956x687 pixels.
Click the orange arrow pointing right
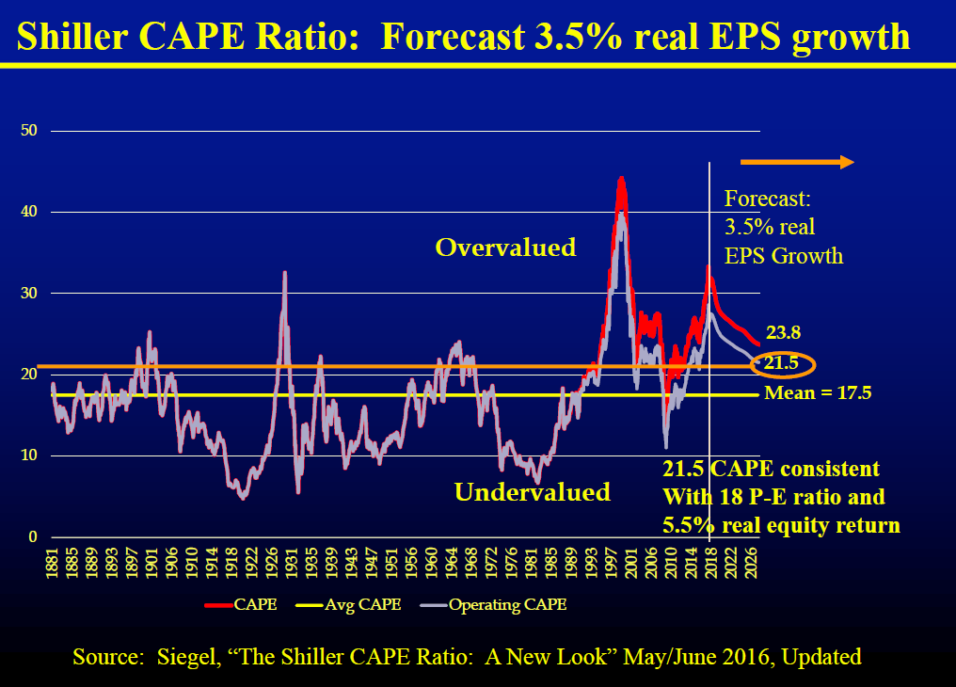pos(796,163)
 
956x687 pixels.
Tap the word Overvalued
pos(505,248)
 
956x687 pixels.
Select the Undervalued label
pos(532,491)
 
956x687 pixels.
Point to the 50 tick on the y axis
pos(28,130)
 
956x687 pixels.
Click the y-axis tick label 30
pos(28,293)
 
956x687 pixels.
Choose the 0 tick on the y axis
pos(32,536)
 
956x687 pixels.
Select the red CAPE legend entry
pos(241,604)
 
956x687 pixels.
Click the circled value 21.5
pos(781,364)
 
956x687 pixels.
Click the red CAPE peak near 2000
pos(621,179)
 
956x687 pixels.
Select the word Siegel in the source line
pos(190,657)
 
